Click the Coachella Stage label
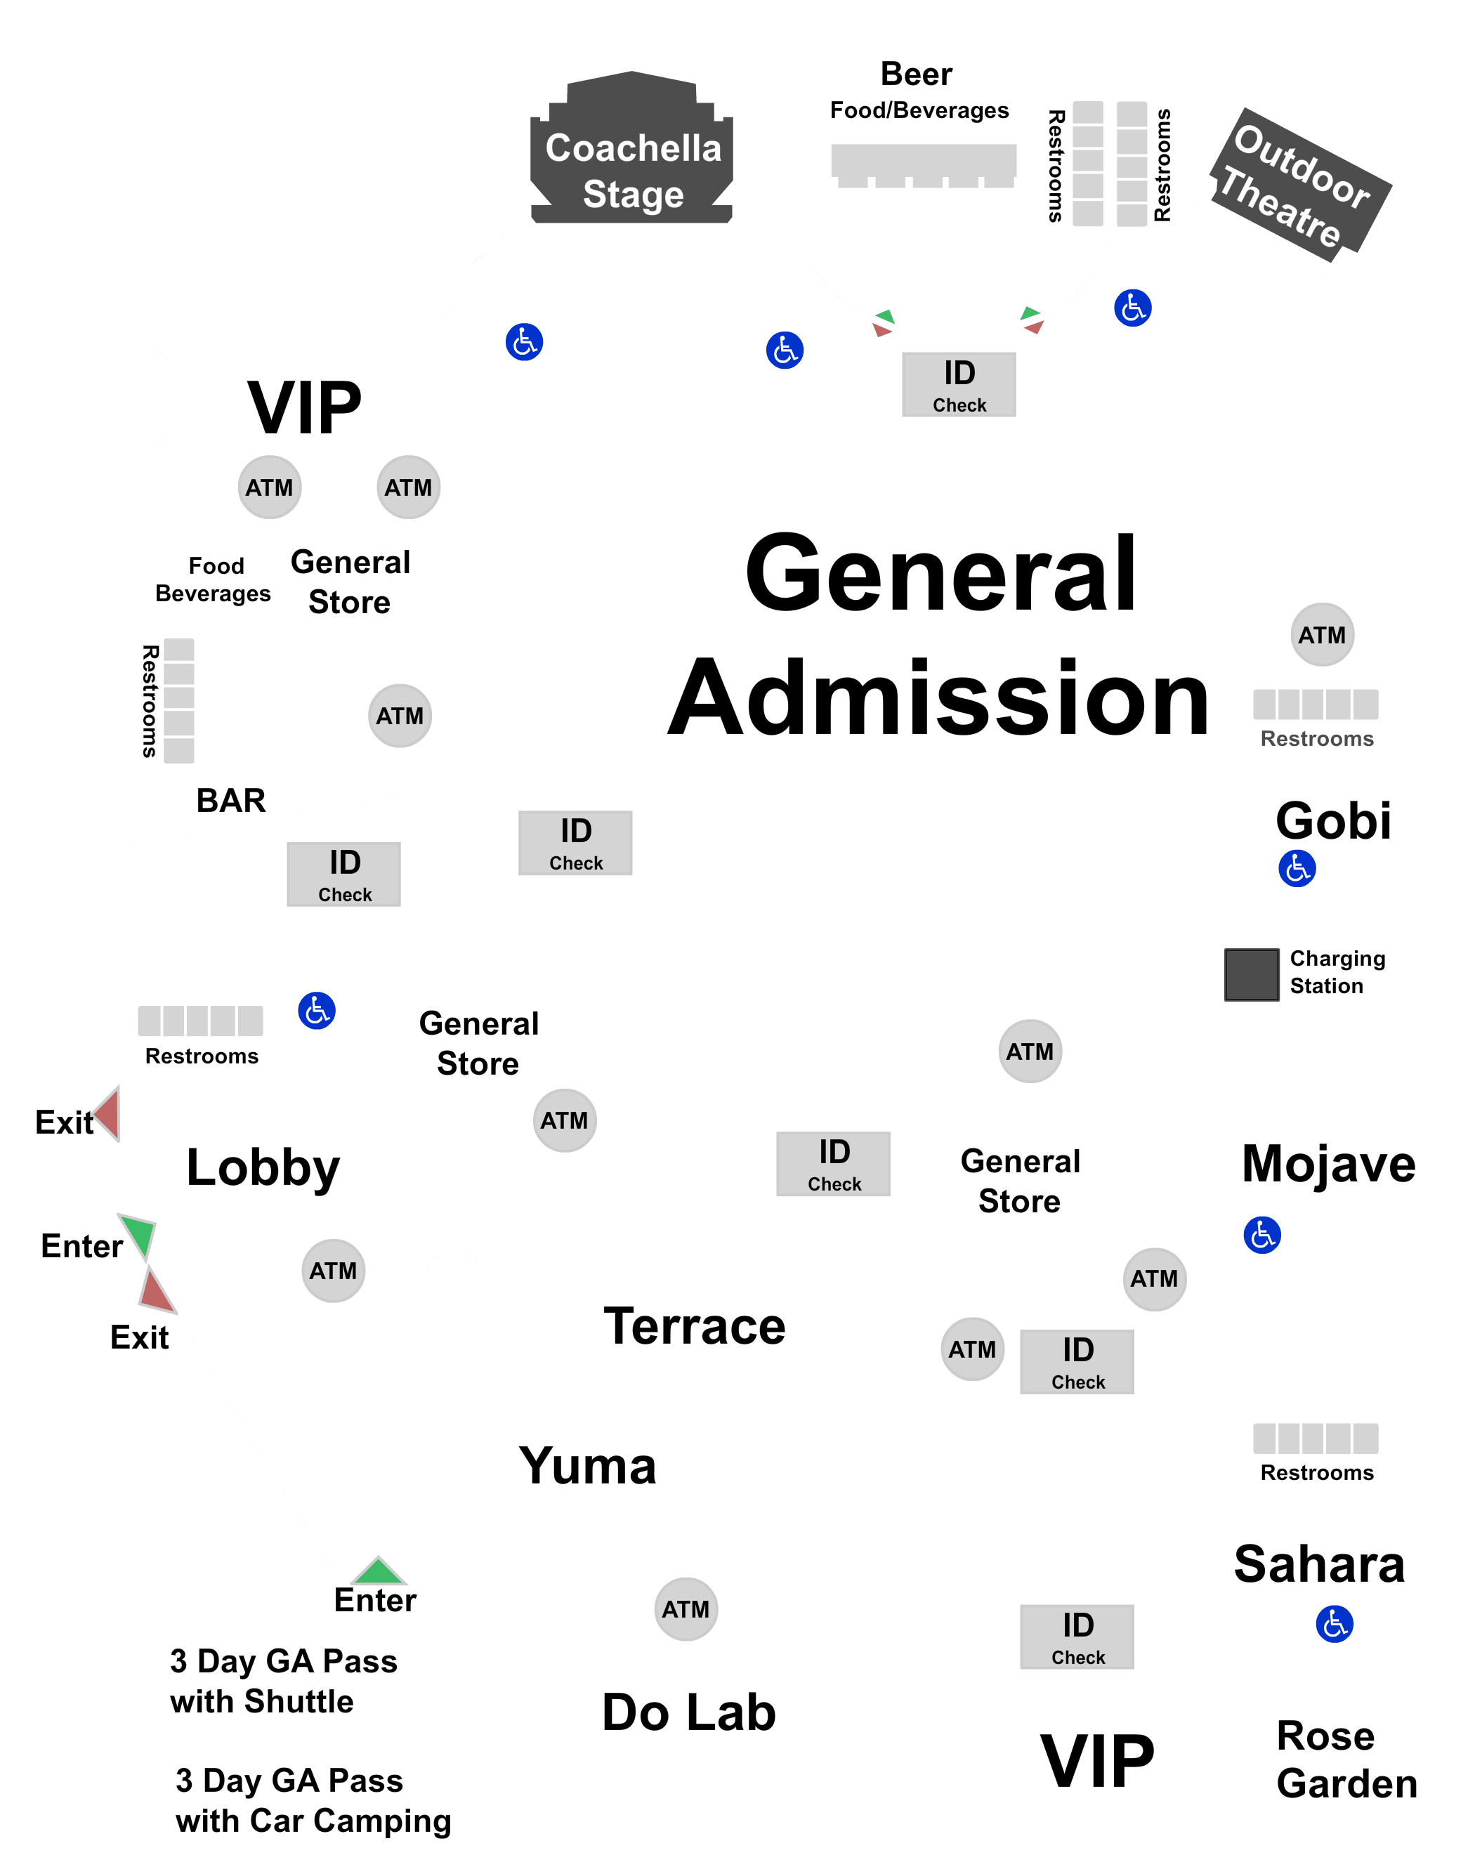click(633, 171)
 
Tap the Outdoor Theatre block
click(1301, 181)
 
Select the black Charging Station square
click(1252, 975)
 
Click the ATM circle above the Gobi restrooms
click(1322, 635)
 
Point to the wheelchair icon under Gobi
click(1297, 869)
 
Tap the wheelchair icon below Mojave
click(1261, 1235)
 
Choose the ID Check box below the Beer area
click(959, 384)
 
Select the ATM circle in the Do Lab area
click(686, 1609)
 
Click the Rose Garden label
click(1346, 1759)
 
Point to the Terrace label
click(695, 1327)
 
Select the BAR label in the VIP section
click(230, 801)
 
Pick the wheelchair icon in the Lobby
click(317, 1011)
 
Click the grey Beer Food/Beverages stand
click(923, 164)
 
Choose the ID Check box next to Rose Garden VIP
click(1077, 1637)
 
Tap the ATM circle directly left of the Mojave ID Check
click(972, 1349)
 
